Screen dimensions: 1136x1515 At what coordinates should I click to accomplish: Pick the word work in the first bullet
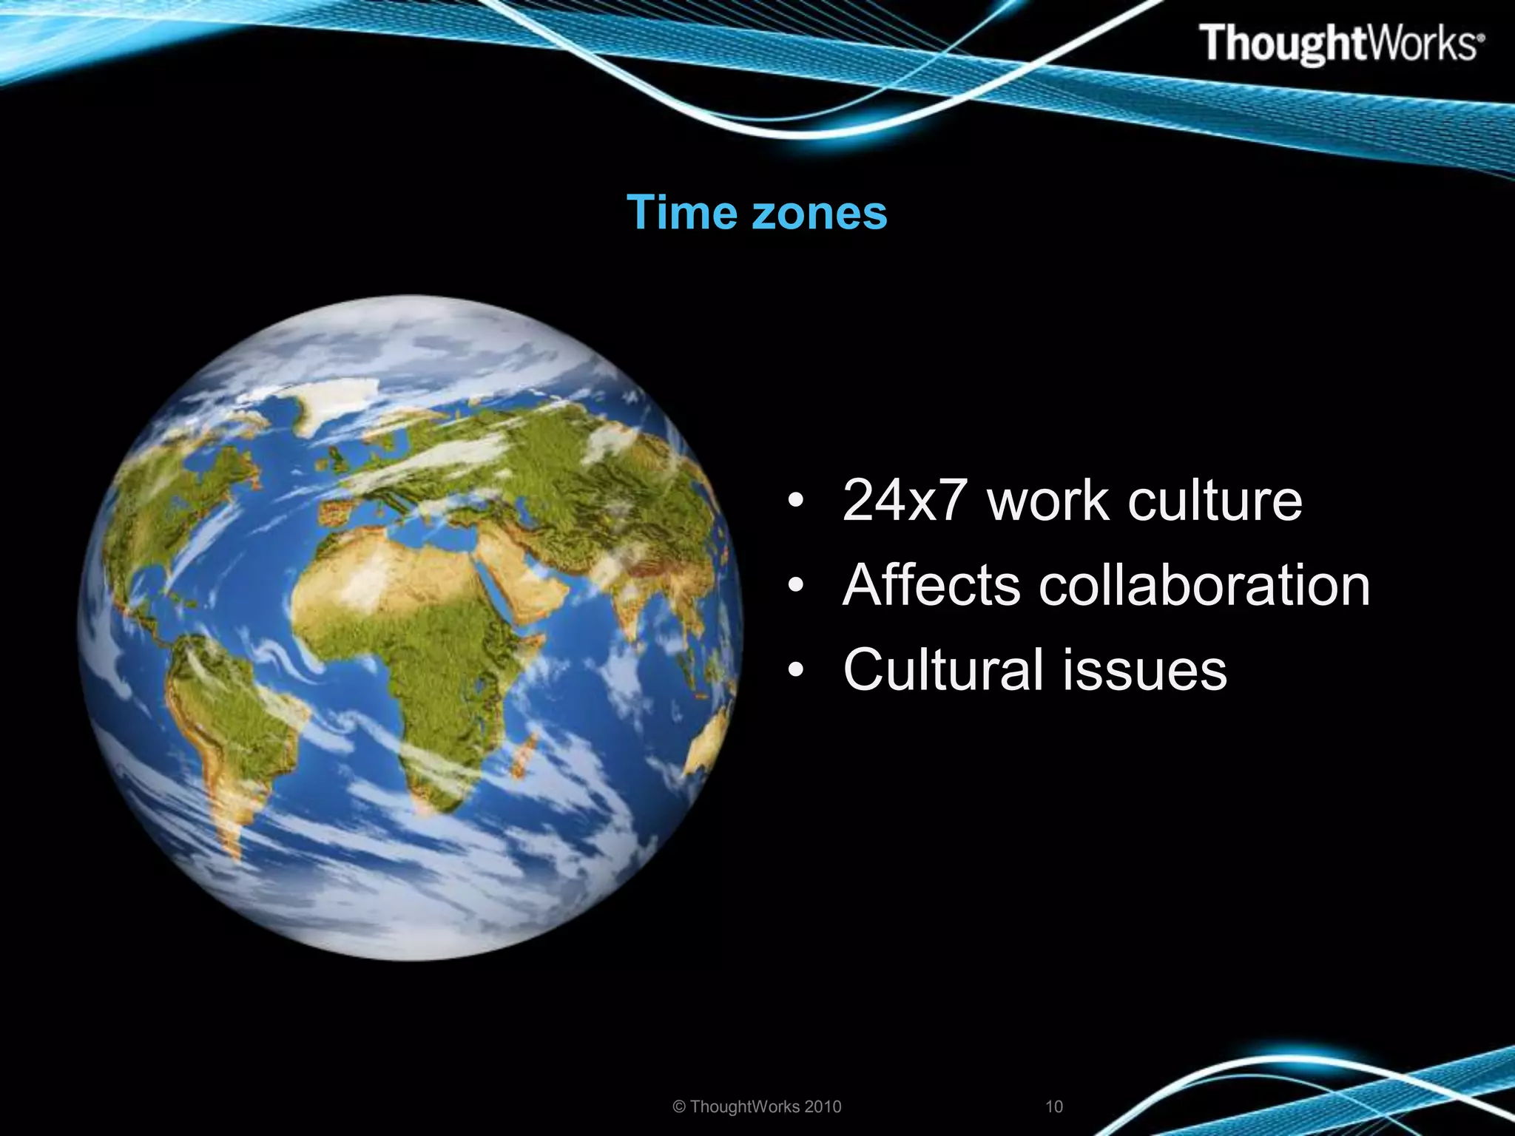point(1046,501)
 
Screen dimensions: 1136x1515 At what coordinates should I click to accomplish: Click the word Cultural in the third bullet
point(944,669)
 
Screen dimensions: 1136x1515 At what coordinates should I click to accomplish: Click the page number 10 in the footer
point(1053,1106)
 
